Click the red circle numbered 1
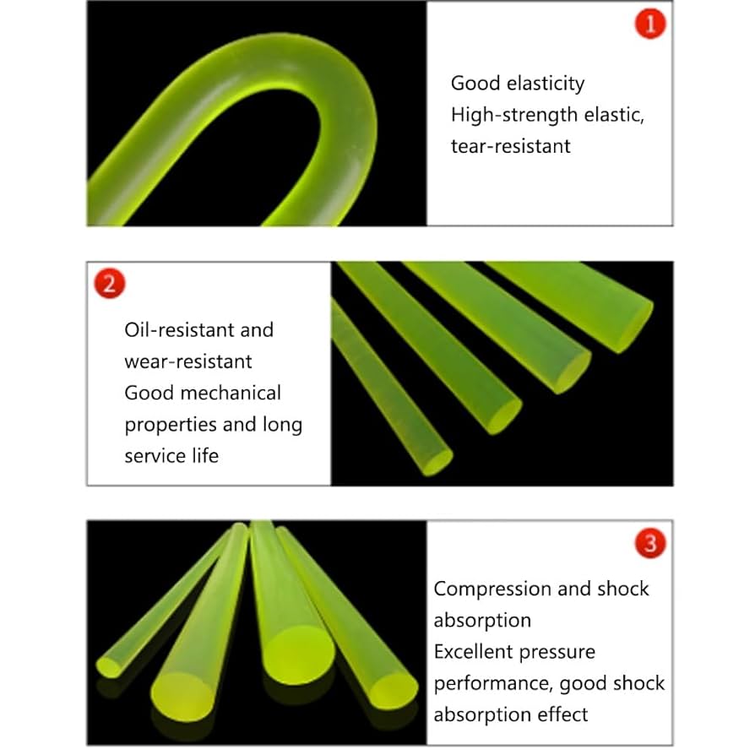click(x=649, y=25)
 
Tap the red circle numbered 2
click(x=109, y=283)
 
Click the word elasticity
click(x=546, y=84)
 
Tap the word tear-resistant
click(x=511, y=146)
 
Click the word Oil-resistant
click(x=173, y=329)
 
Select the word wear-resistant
click(x=188, y=361)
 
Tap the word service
click(x=155, y=456)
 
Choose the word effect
click(x=562, y=714)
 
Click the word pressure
click(x=564, y=652)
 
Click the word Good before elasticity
click(x=475, y=84)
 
